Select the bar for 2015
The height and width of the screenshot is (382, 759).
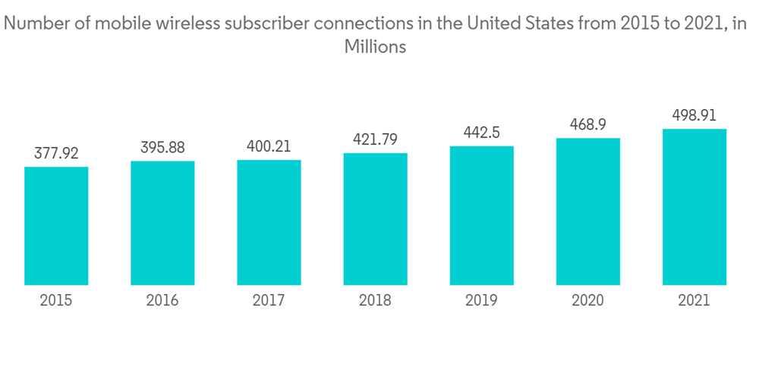click(x=56, y=227)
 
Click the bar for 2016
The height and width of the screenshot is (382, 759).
click(x=162, y=224)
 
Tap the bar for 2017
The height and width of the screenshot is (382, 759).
click(x=269, y=223)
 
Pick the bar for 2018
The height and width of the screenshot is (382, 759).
click(x=375, y=220)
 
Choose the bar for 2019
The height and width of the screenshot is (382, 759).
click(x=481, y=216)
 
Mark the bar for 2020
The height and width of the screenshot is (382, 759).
click(x=587, y=212)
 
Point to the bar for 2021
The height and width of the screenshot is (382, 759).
click(x=694, y=208)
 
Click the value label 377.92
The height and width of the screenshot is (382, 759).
click(x=56, y=153)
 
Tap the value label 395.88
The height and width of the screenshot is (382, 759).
click(x=162, y=147)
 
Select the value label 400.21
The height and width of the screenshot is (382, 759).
click(x=269, y=146)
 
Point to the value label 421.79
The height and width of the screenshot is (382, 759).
click(x=375, y=139)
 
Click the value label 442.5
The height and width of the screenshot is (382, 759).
click(x=481, y=133)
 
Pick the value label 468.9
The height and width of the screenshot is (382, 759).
click(x=587, y=124)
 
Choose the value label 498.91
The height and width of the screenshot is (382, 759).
click(x=694, y=115)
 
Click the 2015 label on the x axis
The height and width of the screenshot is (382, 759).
click(x=56, y=301)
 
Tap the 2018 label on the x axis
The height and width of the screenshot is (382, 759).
click(x=375, y=301)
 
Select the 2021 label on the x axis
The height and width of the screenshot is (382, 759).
click(x=694, y=301)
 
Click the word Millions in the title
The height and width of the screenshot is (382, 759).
click(x=375, y=46)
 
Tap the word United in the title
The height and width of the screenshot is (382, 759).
click(x=494, y=23)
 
